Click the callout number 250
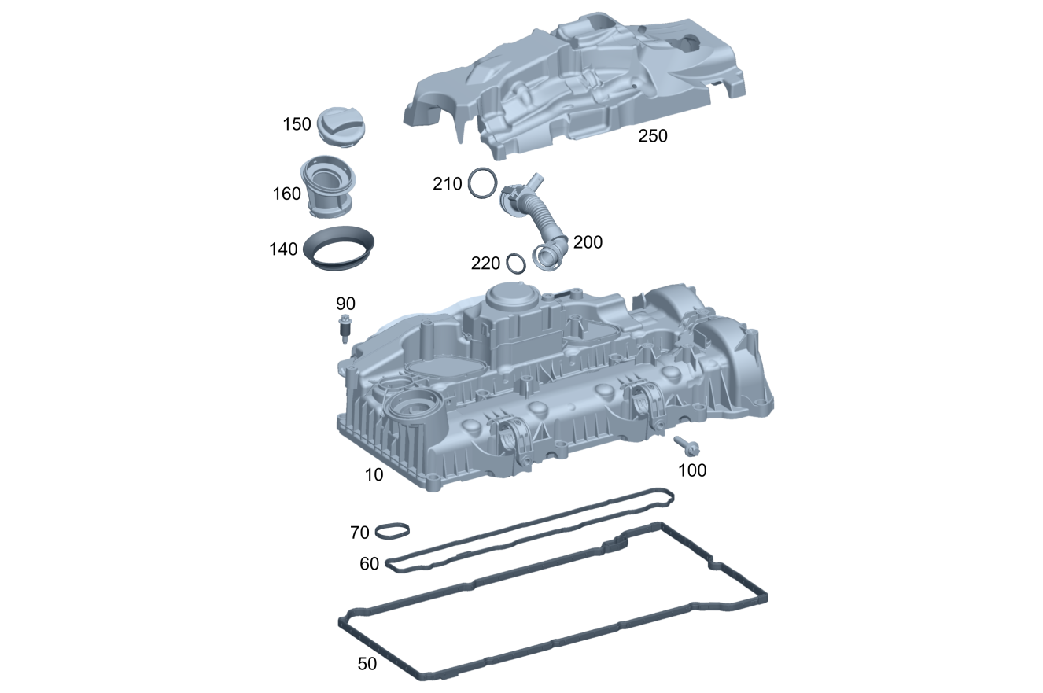[x=652, y=136]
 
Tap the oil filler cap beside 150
[x=341, y=127]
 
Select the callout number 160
[x=287, y=194]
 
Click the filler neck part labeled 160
[x=327, y=186]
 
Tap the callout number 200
[x=588, y=242]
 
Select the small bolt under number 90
[x=345, y=328]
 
